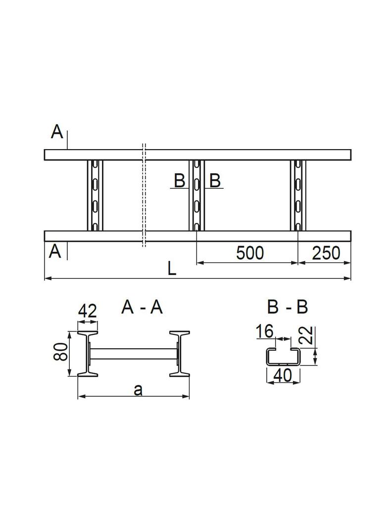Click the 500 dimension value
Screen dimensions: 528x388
(x=250, y=253)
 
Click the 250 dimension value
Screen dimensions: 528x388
(x=326, y=253)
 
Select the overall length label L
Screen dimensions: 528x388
(x=171, y=269)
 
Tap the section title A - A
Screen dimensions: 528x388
(x=142, y=308)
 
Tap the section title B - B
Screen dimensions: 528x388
(x=287, y=308)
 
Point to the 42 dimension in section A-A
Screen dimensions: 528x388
(x=87, y=311)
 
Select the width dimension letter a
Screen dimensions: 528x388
(x=138, y=390)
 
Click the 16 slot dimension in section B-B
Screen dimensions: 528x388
(x=265, y=331)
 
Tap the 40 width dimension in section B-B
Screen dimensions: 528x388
(x=283, y=375)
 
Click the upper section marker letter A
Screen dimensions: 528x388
(x=57, y=132)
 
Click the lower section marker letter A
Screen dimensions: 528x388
(x=55, y=252)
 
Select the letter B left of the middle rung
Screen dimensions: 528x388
(x=179, y=181)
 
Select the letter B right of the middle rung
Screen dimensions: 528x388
(x=215, y=181)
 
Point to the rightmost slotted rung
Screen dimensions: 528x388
(x=298, y=195)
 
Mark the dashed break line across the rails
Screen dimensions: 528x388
(x=144, y=195)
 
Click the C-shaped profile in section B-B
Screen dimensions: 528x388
(x=283, y=357)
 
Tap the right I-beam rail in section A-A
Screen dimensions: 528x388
(x=179, y=353)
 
